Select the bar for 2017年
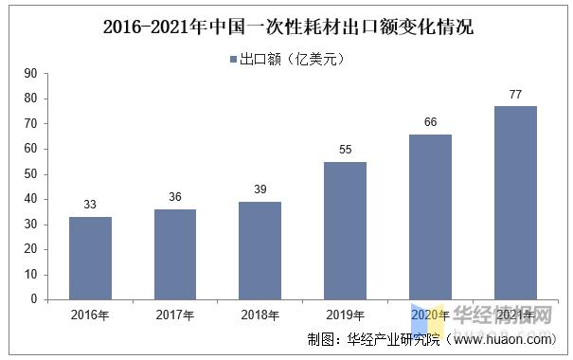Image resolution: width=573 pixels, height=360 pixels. point(175,254)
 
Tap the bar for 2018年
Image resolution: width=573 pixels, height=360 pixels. point(260,250)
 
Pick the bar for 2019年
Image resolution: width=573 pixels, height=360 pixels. point(345,230)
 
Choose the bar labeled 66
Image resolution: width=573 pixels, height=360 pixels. point(430,216)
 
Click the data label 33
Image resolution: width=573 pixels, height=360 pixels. point(90,206)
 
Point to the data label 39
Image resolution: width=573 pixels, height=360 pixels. point(260,190)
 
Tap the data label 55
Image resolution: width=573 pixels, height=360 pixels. point(345,151)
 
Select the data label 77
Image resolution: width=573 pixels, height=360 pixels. point(515,95)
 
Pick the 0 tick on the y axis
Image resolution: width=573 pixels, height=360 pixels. point(33,299)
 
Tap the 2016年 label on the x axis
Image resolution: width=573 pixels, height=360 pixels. point(90,315)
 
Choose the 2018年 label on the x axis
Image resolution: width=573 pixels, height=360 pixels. point(260,315)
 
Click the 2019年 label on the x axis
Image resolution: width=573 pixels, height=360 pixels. point(345,315)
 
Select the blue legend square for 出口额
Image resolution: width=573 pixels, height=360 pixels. point(233,59)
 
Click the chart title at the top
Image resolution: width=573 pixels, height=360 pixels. point(287,27)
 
